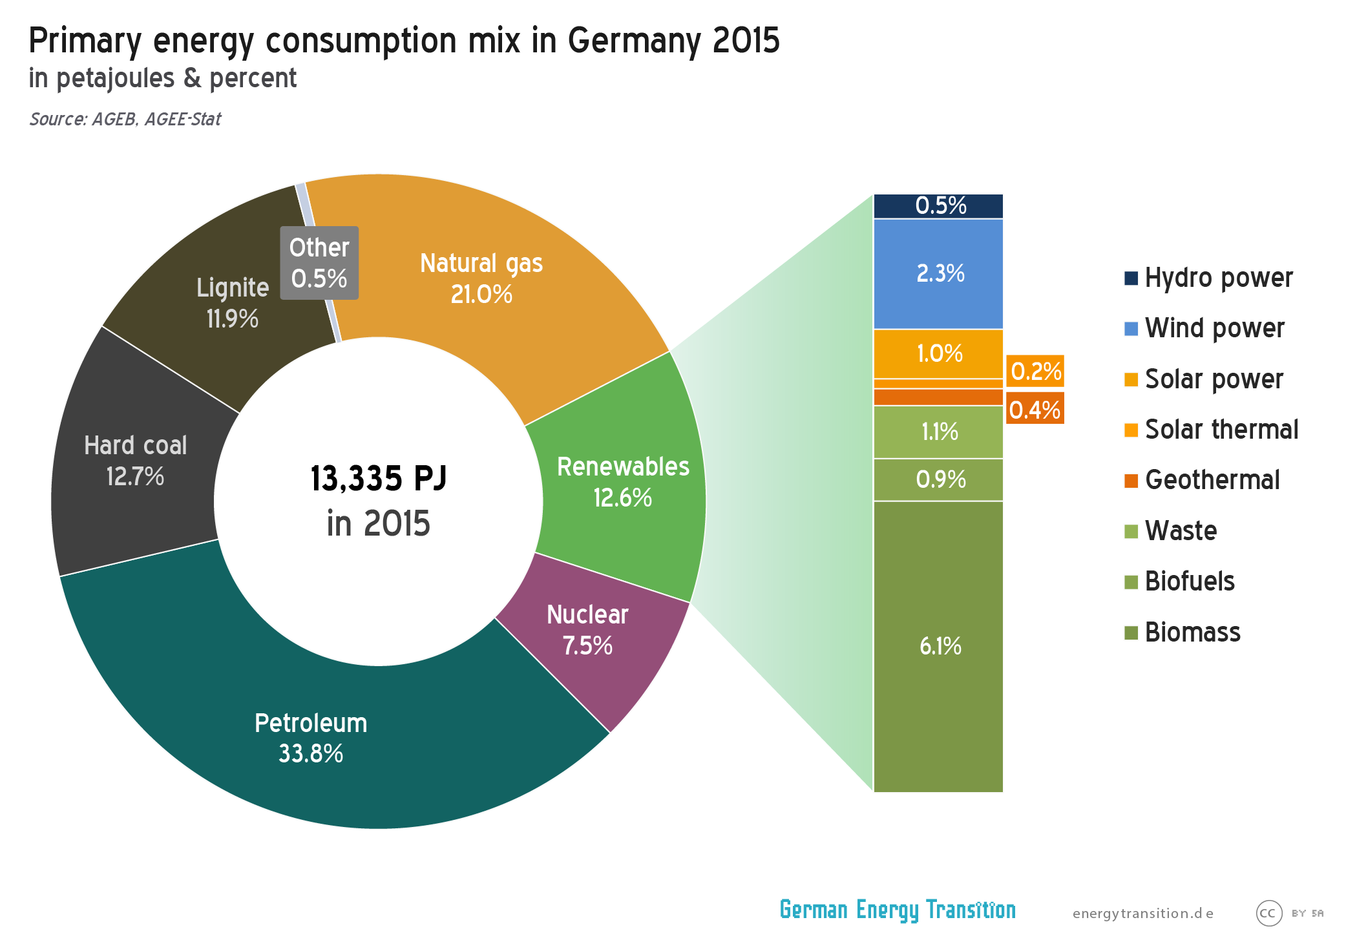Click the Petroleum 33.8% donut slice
point(310,737)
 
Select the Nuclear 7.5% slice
point(587,630)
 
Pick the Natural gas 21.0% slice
point(481,278)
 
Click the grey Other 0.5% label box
point(319,263)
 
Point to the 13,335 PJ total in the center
point(379,479)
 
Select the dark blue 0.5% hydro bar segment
point(938,206)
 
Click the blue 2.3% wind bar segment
point(938,274)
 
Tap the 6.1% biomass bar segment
point(938,646)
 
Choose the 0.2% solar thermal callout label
point(1035,372)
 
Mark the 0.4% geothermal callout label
point(1035,410)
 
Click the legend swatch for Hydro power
point(1131,278)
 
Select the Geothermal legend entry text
point(1212,480)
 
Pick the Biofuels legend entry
point(1189,581)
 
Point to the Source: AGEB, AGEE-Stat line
point(125,120)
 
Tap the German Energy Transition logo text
point(898,910)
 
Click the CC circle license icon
point(1268,913)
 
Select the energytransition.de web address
point(1142,914)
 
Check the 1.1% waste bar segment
point(938,432)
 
